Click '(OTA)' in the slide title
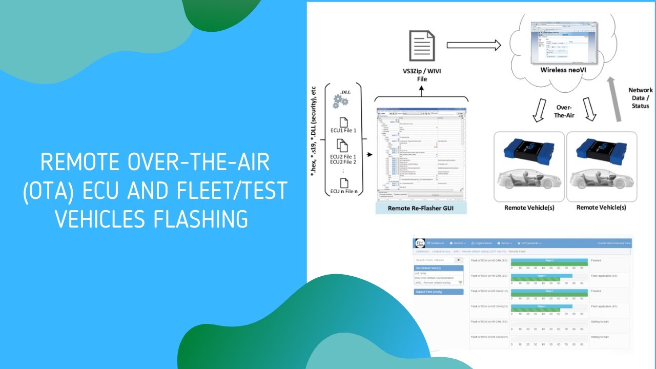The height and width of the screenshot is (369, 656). click(x=47, y=191)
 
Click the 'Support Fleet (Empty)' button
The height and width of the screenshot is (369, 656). click(x=438, y=292)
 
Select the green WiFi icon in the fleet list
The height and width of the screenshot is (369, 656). click(x=460, y=282)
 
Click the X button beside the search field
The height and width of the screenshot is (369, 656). click(x=458, y=260)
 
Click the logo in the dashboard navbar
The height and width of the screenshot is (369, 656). click(x=420, y=242)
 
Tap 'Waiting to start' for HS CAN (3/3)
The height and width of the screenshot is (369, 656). click(x=599, y=321)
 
